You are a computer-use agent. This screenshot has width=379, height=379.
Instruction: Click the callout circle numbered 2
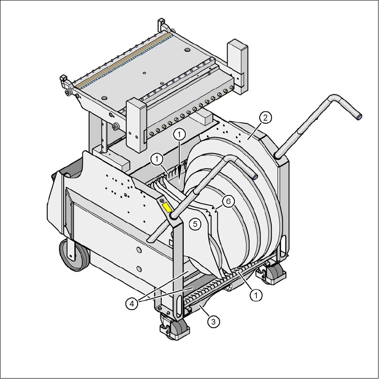coord(265,118)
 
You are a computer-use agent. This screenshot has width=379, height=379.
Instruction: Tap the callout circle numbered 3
coord(213,322)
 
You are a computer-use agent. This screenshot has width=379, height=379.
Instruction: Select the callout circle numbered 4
coord(132,304)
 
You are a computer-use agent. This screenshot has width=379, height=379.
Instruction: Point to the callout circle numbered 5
coord(195,224)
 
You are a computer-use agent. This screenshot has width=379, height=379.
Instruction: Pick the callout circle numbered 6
coord(228,201)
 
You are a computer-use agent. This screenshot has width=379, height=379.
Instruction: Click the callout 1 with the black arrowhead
coord(179,134)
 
